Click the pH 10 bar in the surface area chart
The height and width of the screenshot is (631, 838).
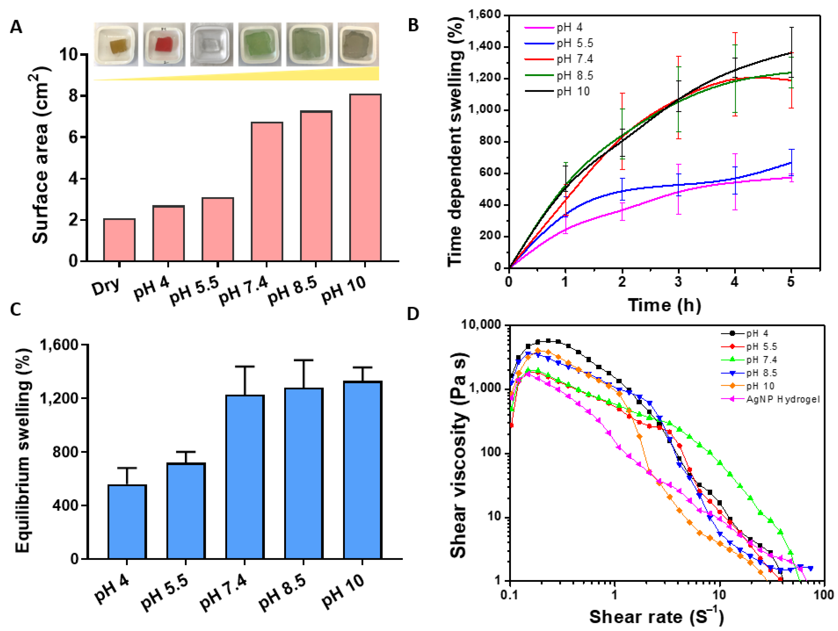click(x=365, y=178)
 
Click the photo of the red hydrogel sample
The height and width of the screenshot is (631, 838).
click(x=164, y=44)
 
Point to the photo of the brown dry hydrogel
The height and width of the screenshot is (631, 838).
click(x=116, y=44)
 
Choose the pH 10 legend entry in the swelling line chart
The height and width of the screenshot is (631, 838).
click(x=573, y=92)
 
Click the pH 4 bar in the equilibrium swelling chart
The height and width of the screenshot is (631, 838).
click(x=127, y=522)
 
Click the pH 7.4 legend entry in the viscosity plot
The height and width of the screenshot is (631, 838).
click(x=761, y=360)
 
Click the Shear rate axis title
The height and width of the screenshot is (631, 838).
click(x=656, y=617)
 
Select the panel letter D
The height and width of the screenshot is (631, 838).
click(x=413, y=314)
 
